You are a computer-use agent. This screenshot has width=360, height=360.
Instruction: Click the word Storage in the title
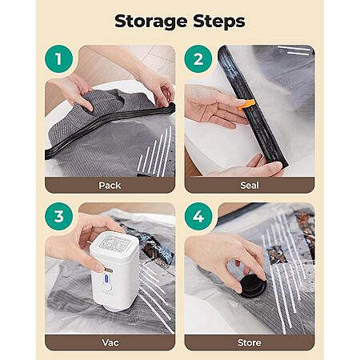pyautogui.click(x=150, y=22)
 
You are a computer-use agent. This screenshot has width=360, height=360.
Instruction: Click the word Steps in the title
pyautogui.click(x=219, y=21)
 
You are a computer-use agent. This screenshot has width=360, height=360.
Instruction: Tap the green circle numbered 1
pyautogui.click(x=58, y=59)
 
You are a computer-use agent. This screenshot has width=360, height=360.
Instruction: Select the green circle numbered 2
pyautogui.click(x=198, y=59)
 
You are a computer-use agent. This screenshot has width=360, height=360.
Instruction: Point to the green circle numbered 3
pyautogui.click(x=58, y=216)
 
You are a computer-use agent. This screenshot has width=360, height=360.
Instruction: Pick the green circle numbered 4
pyautogui.click(x=198, y=216)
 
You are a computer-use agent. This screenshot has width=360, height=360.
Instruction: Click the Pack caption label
pyautogui.click(x=110, y=186)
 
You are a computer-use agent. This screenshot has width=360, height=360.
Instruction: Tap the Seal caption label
pyautogui.click(x=250, y=186)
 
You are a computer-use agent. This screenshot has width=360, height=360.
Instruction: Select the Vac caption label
pyautogui.click(x=110, y=342)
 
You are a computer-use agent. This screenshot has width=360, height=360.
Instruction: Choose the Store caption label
pyautogui.click(x=250, y=342)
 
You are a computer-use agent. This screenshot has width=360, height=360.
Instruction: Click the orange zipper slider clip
pyautogui.click(x=246, y=105)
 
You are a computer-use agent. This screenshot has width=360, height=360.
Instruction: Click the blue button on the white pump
pyautogui.click(x=107, y=279)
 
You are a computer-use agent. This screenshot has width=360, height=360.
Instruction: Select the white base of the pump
pyautogui.click(x=114, y=307)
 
